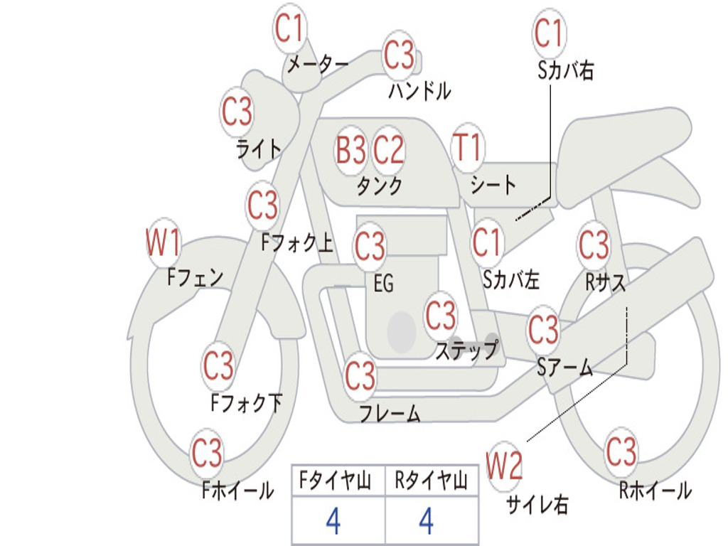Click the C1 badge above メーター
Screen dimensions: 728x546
pyautogui.click(x=290, y=28)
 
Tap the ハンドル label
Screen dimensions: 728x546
pyautogui.click(x=419, y=90)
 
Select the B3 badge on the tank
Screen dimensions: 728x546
pyautogui.click(x=351, y=150)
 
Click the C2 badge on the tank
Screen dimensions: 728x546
pyautogui.click(x=388, y=150)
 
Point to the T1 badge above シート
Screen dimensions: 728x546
pyautogui.click(x=468, y=147)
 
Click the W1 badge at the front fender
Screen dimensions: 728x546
pyautogui.click(x=164, y=242)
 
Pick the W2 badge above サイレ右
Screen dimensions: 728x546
pyautogui.click(x=504, y=466)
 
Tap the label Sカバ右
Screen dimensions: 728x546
pyautogui.click(x=565, y=70)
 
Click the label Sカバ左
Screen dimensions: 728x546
pyautogui.click(x=510, y=279)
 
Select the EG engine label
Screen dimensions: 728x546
pyautogui.click(x=383, y=283)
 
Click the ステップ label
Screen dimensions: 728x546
pyautogui.click(x=466, y=350)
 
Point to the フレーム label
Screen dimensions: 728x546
pyautogui.click(x=390, y=413)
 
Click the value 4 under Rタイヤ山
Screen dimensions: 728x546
pyautogui.click(x=427, y=520)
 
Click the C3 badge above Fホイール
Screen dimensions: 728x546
pyautogui.click(x=207, y=453)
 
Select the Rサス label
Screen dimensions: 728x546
pyautogui.click(x=605, y=282)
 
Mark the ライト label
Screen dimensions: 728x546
pyautogui.click(x=259, y=149)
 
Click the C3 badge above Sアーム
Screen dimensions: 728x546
pyautogui.click(x=544, y=329)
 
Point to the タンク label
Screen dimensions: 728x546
pyautogui.click(x=380, y=186)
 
